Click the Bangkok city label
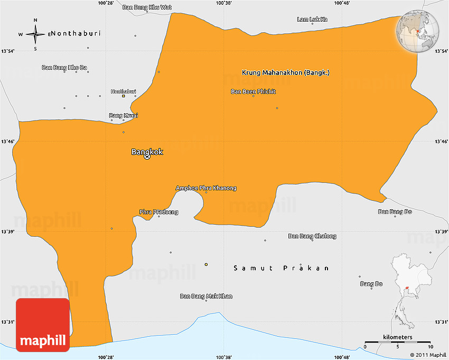[x=147, y=152]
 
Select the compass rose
[x=35, y=34]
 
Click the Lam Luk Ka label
[x=312, y=20]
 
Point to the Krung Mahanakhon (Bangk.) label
[x=285, y=72]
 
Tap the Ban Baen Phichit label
[x=253, y=91]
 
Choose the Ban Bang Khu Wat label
[x=147, y=7]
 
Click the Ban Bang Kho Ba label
[x=64, y=67]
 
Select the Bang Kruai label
[x=123, y=115]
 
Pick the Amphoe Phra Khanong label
[x=206, y=188]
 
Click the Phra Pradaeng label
[x=158, y=212]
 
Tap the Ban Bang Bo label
[x=395, y=211]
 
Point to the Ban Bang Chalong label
[x=312, y=236]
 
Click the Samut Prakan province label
[x=282, y=268]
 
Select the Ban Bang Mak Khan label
[x=206, y=296]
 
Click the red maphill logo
[x=43, y=325]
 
